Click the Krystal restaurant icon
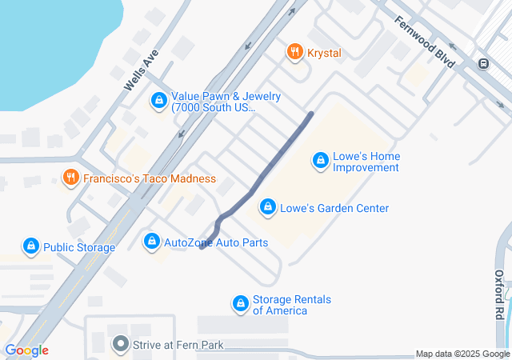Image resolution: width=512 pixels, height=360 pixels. [294, 53]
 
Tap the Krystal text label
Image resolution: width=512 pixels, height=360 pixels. [322, 53]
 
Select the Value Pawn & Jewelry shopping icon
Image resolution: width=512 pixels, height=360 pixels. [158, 101]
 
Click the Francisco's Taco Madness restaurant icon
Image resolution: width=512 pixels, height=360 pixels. [70, 178]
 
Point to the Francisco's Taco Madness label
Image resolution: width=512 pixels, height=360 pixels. [150, 178]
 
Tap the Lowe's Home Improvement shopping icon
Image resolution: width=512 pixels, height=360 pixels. [320, 161]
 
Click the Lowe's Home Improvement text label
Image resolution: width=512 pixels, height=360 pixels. [366, 162]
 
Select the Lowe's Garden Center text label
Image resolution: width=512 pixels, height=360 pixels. [334, 208]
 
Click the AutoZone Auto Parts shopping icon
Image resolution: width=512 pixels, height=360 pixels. [151, 241]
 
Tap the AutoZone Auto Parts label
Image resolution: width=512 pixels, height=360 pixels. [216, 242]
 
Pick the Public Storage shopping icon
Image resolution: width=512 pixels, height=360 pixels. [30, 246]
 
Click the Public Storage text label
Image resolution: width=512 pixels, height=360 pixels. [79, 247]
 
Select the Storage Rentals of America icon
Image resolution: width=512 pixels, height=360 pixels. [240, 304]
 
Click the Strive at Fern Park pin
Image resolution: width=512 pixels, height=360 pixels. [121, 345]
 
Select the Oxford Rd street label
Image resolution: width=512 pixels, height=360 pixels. [498, 294]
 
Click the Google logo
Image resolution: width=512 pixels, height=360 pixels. [27, 350]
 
